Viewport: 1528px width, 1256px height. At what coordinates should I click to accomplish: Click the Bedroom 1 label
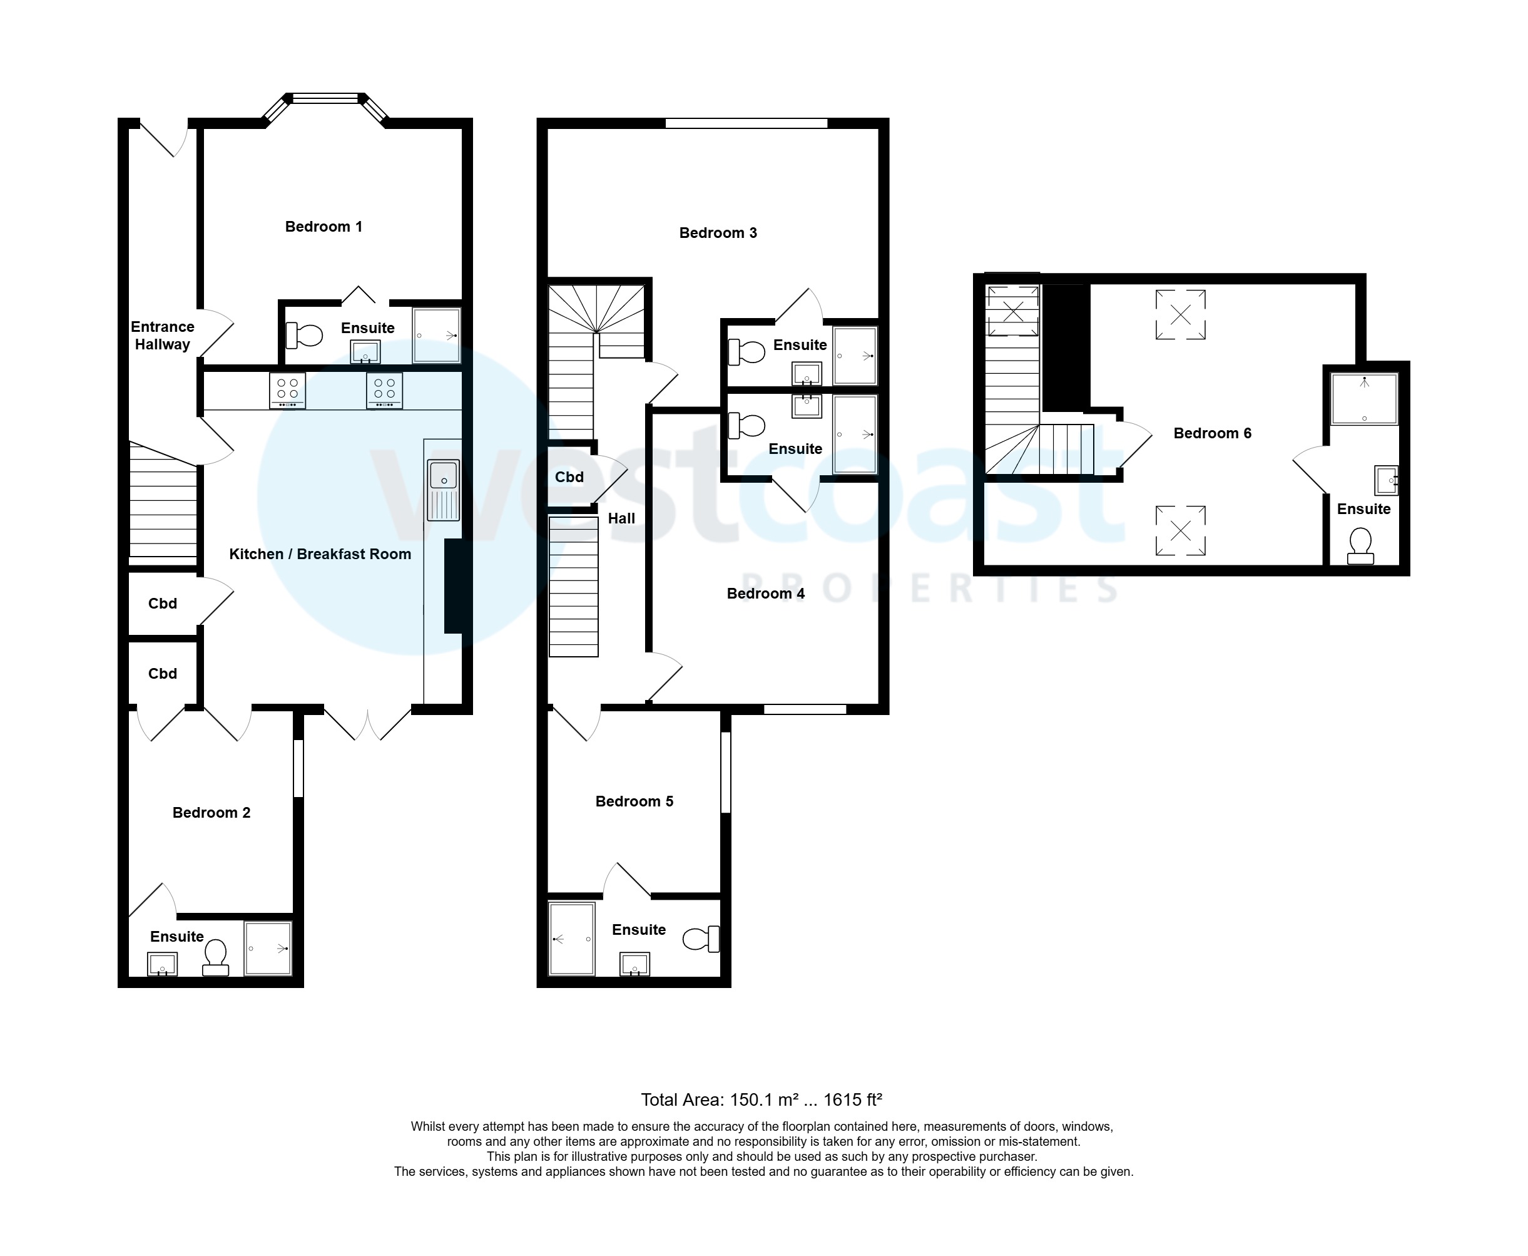pos(323,227)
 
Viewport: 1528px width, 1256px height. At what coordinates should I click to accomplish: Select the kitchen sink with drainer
pos(443,490)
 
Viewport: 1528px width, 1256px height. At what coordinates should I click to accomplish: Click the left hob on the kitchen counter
pos(287,390)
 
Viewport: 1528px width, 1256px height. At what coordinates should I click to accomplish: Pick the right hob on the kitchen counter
pos(384,390)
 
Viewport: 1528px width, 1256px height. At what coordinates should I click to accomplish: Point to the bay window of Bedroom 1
pos(325,99)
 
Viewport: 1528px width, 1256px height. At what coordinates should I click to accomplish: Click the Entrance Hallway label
pos(162,336)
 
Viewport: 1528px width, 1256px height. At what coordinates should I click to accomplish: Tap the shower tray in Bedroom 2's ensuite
pos(268,948)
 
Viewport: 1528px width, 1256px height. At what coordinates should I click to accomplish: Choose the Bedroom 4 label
pos(765,594)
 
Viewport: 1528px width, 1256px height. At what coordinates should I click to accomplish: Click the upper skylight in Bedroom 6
pos(1180,314)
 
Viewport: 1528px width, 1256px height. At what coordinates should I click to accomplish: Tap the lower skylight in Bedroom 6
pos(1180,530)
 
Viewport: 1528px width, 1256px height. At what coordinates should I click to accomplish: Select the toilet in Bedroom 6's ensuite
pos(1360,545)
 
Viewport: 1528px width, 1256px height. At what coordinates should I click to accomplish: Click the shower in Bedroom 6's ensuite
pos(1364,399)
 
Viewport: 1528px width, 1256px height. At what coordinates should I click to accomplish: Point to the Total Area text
pos(761,1099)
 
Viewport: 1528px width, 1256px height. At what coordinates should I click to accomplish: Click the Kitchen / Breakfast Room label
pos(320,554)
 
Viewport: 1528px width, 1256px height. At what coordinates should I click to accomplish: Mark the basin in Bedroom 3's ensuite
pos(807,374)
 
